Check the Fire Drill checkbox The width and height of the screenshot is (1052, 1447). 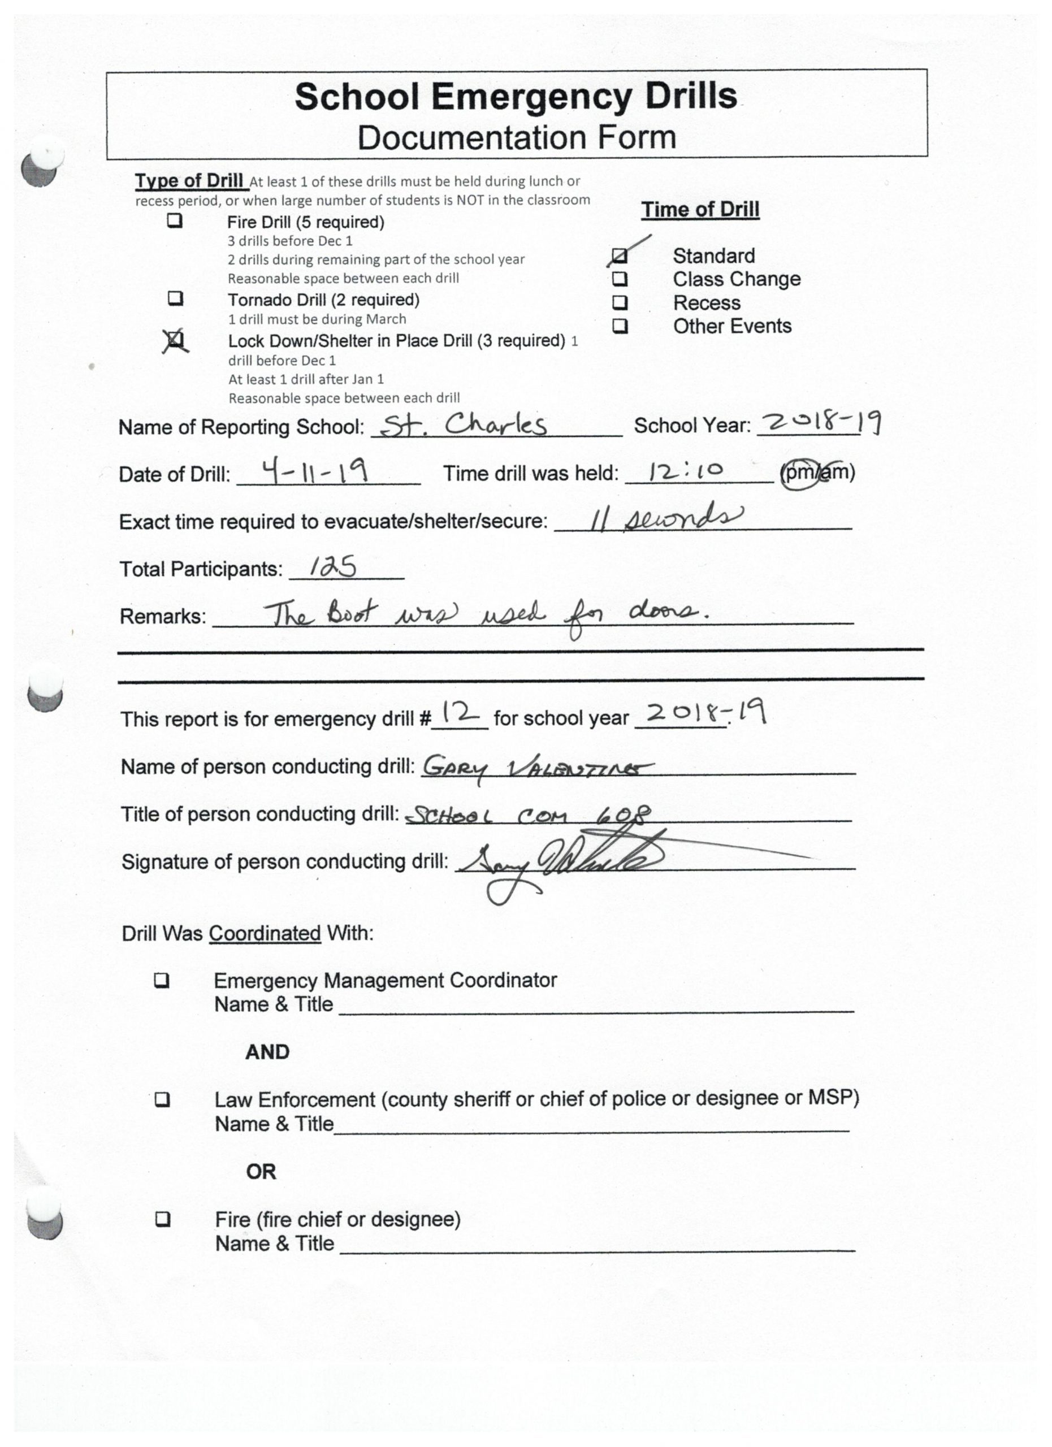click(x=175, y=222)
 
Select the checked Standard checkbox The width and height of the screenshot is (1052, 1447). click(x=620, y=256)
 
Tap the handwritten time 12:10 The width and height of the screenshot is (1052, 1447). click(x=686, y=471)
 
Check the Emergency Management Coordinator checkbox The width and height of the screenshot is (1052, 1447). click(x=162, y=980)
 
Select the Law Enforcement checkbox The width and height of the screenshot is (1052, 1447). click(x=163, y=1099)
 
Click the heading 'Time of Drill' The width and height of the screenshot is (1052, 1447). click(x=700, y=209)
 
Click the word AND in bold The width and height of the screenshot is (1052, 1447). click(x=267, y=1052)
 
